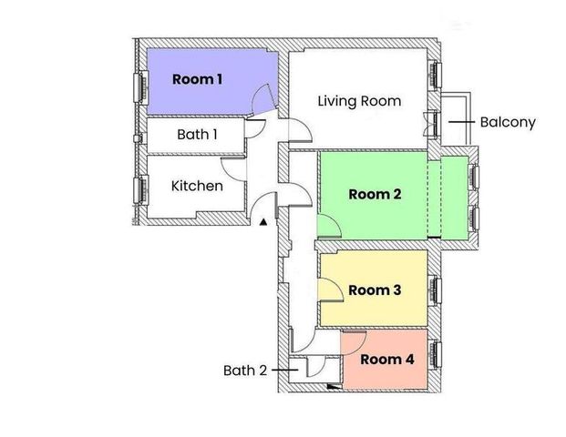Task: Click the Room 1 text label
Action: pyautogui.click(x=198, y=80)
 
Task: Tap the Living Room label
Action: pyautogui.click(x=359, y=101)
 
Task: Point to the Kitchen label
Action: pyautogui.click(x=198, y=186)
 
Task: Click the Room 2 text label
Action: pyautogui.click(x=376, y=194)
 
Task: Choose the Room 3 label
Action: pyautogui.click(x=376, y=290)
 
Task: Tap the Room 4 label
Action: pyautogui.click(x=386, y=360)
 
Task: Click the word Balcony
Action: pyautogui.click(x=509, y=121)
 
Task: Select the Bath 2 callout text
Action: pyautogui.click(x=246, y=371)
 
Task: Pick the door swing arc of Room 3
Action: pyautogui.click(x=332, y=290)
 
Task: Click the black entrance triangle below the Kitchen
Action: pyautogui.click(x=264, y=221)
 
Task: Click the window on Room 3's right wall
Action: pyautogui.click(x=436, y=290)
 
